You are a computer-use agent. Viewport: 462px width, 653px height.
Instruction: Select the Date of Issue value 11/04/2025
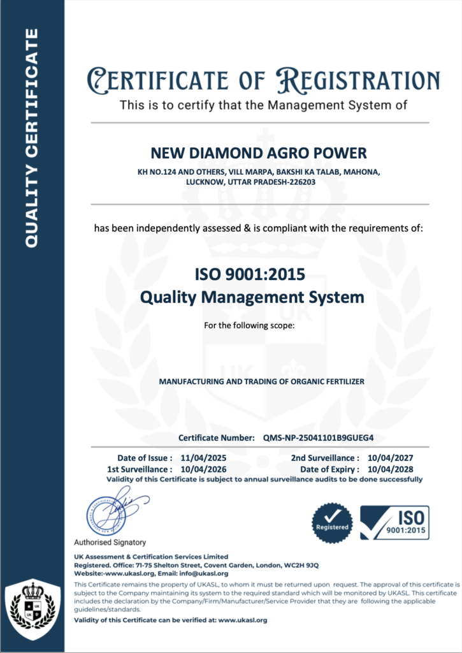tap(204, 458)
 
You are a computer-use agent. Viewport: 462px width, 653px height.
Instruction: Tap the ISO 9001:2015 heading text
tap(250, 275)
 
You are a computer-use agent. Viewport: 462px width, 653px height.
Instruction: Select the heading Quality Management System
tap(251, 297)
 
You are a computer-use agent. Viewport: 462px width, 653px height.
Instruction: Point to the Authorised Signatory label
tap(110, 542)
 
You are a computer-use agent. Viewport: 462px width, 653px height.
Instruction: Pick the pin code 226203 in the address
tap(299, 181)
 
